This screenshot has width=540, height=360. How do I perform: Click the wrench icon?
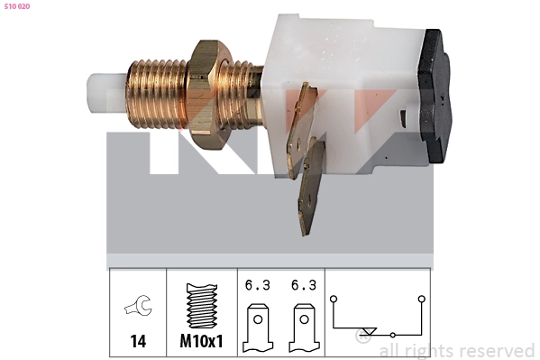pyautogui.click(x=138, y=309)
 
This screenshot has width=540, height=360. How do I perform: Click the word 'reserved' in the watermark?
pyautogui.click(x=498, y=351)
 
